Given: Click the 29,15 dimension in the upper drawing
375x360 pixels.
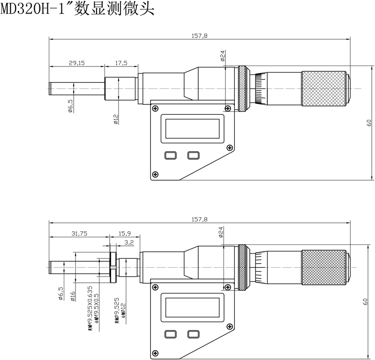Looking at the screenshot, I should [x=76, y=63].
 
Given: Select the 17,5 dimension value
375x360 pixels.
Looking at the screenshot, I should [x=121, y=63].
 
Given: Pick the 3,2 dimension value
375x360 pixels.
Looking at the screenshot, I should [x=129, y=242].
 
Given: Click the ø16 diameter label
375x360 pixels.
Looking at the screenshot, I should [x=73, y=296].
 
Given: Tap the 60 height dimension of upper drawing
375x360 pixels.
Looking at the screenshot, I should [x=369, y=123].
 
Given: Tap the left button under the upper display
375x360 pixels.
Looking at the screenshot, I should [x=170, y=155].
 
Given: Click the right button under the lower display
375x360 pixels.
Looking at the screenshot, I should [x=193, y=334].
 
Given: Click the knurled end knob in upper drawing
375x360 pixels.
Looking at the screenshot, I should [x=323, y=88].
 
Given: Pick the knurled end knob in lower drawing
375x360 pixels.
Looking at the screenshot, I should [x=323, y=267].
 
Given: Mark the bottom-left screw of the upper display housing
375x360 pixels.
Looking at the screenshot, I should [x=155, y=175].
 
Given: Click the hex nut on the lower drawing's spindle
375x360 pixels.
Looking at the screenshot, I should [x=113, y=267].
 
